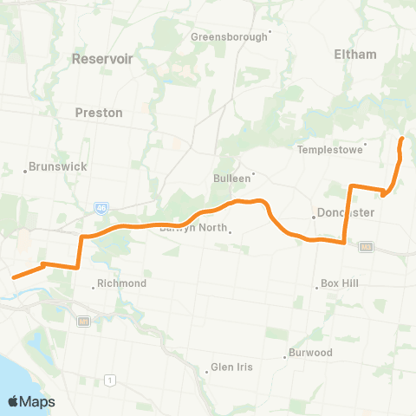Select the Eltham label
(355, 54)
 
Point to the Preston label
(100, 112)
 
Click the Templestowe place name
(328, 149)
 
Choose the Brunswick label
(57, 166)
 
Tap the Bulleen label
(231, 178)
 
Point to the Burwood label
(310, 353)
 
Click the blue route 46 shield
(101, 207)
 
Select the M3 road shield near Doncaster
(366, 246)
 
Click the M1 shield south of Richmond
(83, 322)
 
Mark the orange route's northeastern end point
(401, 138)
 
